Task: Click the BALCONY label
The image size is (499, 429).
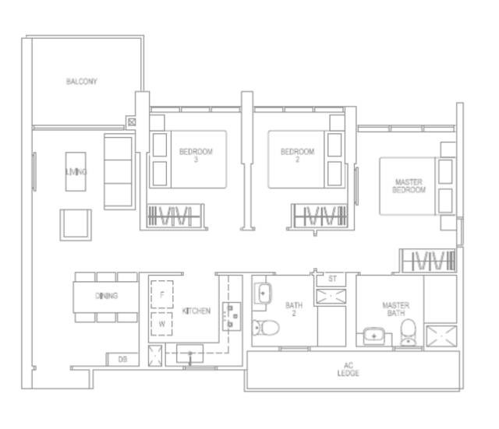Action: pos(81,81)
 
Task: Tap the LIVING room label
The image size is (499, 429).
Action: pos(76,172)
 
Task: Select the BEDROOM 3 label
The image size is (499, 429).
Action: pos(196,156)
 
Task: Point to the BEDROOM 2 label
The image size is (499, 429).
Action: pos(298,156)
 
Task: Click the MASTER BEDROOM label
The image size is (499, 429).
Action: pos(409,186)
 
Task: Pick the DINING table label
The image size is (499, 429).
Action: pos(107,296)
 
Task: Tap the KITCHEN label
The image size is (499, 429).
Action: pos(196,311)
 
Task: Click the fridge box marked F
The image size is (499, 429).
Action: pos(162,294)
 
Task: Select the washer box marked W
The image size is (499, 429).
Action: pos(161,324)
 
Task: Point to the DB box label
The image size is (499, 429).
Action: pos(122,360)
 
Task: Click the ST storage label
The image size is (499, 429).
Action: pos(332,279)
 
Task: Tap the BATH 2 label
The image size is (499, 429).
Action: pos(294,309)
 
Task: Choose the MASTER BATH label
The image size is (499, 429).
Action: pos(396,309)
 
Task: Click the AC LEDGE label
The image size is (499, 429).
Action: pos(349,369)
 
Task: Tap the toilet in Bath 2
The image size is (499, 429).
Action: pos(265,328)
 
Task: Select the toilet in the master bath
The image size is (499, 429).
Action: pos(408,332)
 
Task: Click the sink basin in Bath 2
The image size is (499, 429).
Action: pos(263,294)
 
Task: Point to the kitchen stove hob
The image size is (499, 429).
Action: pos(232,316)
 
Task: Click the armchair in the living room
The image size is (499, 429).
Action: pos(76,225)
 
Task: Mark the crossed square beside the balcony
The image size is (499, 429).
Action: pos(132,121)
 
